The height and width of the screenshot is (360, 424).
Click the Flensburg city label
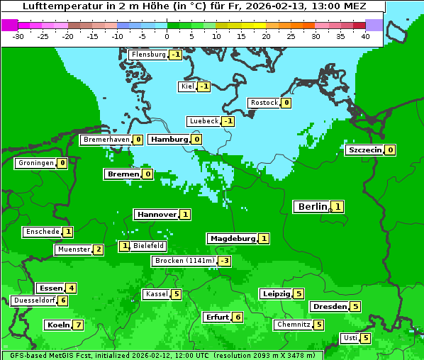click(x=148, y=55)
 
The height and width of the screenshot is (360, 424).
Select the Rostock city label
click(x=264, y=103)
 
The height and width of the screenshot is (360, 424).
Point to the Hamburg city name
click(x=169, y=140)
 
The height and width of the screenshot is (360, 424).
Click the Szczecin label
click(x=364, y=150)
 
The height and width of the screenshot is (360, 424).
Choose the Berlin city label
click(x=312, y=207)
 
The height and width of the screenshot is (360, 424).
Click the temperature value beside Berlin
click(x=338, y=207)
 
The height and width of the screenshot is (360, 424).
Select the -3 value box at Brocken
click(x=224, y=261)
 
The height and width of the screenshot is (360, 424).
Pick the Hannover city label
click(x=157, y=214)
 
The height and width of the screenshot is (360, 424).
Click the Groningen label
click(x=35, y=163)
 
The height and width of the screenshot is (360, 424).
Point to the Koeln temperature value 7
click(x=78, y=325)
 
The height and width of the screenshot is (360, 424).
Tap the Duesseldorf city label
click(x=34, y=300)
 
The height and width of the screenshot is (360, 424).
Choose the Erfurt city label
click(x=216, y=317)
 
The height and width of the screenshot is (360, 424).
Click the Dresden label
click(x=329, y=307)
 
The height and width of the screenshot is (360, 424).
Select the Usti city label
click(x=350, y=338)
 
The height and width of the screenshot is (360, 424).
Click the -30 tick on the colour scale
click(x=18, y=36)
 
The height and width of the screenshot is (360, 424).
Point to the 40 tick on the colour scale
click(x=365, y=36)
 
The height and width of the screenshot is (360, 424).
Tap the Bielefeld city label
click(x=149, y=246)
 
